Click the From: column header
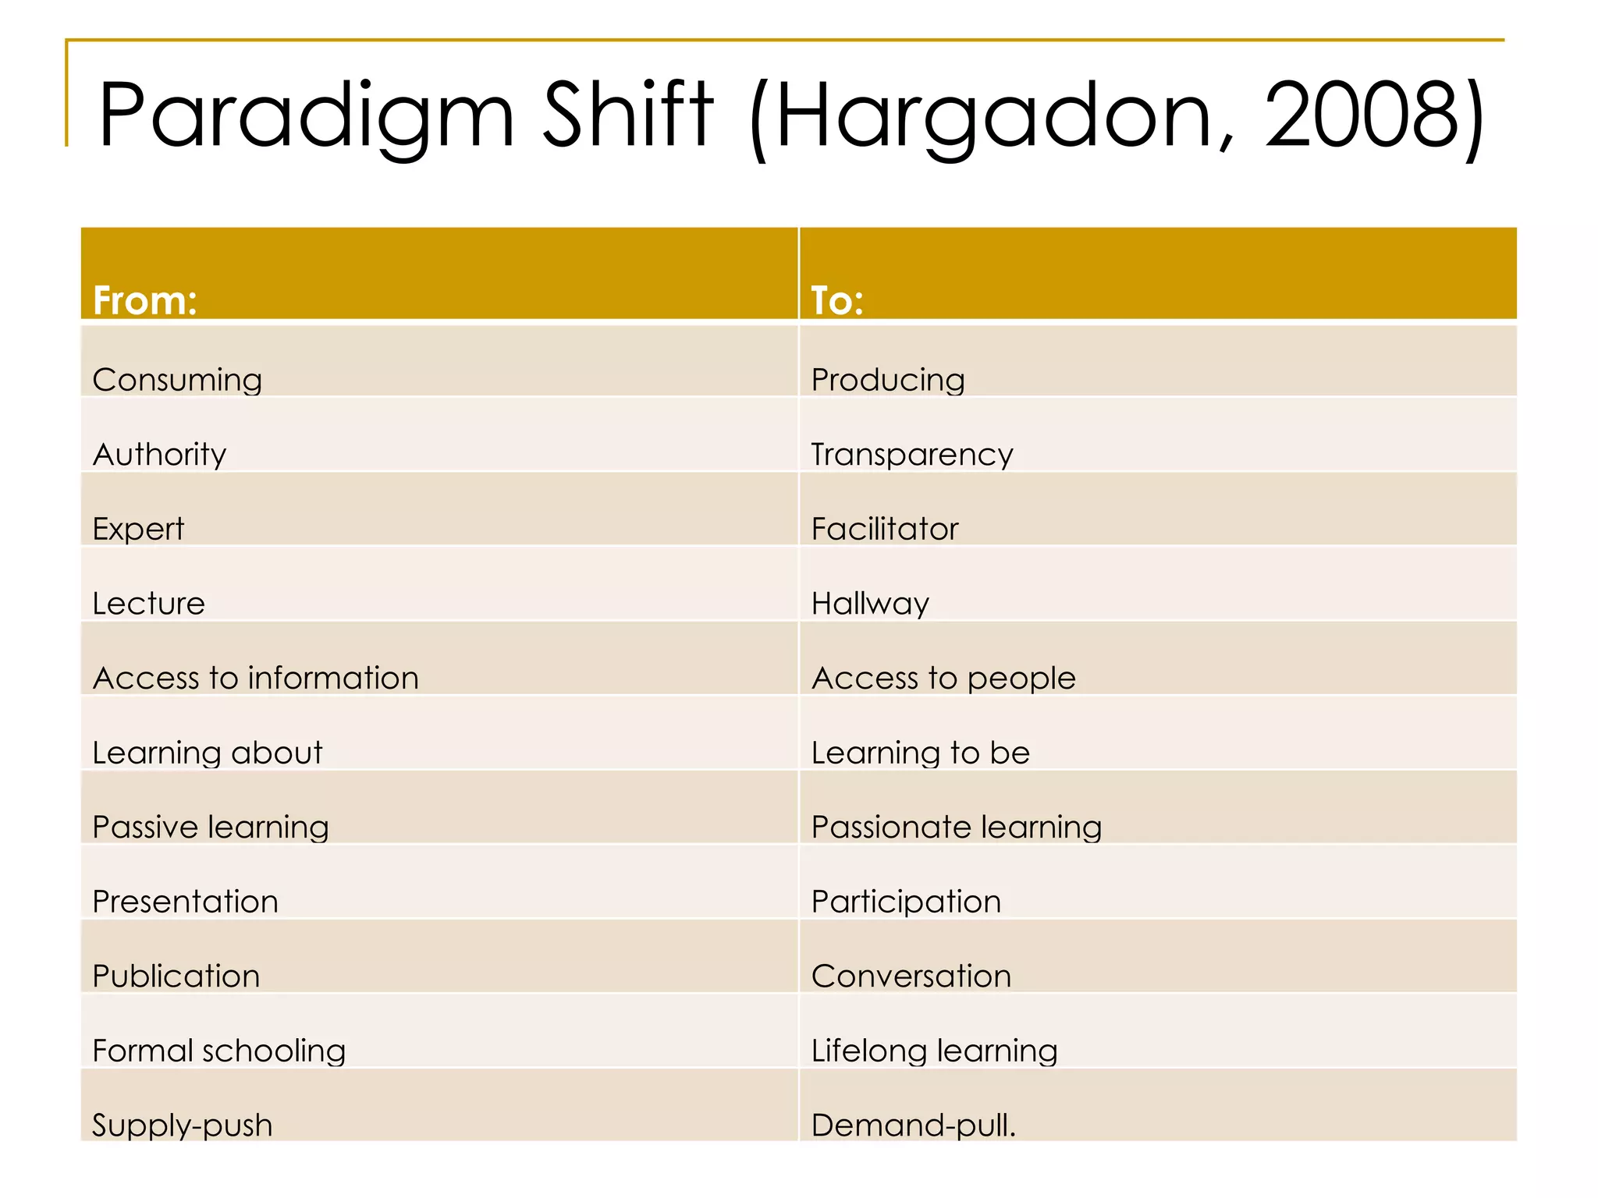pyautogui.click(x=145, y=300)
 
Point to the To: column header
pyautogui.click(x=837, y=300)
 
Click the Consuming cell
pyautogui.click(x=177, y=380)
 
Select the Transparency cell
pyautogui.click(x=912, y=454)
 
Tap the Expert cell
pyautogui.click(x=138, y=529)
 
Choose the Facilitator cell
pyautogui.click(x=885, y=529)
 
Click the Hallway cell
pyautogui.click(x=870, y=604)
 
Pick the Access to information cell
pyautogui.click(x=255, y=678)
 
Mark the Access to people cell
pyautogui.click(x=943, y=678)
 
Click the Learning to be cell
pyautogui.click(x=921, y=753)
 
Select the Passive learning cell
pyautogui.click(x=211, y=827)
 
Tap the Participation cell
pyautogui.click(x=906, y=902)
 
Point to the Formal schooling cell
pyautogui.click(x=218, y=1051)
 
